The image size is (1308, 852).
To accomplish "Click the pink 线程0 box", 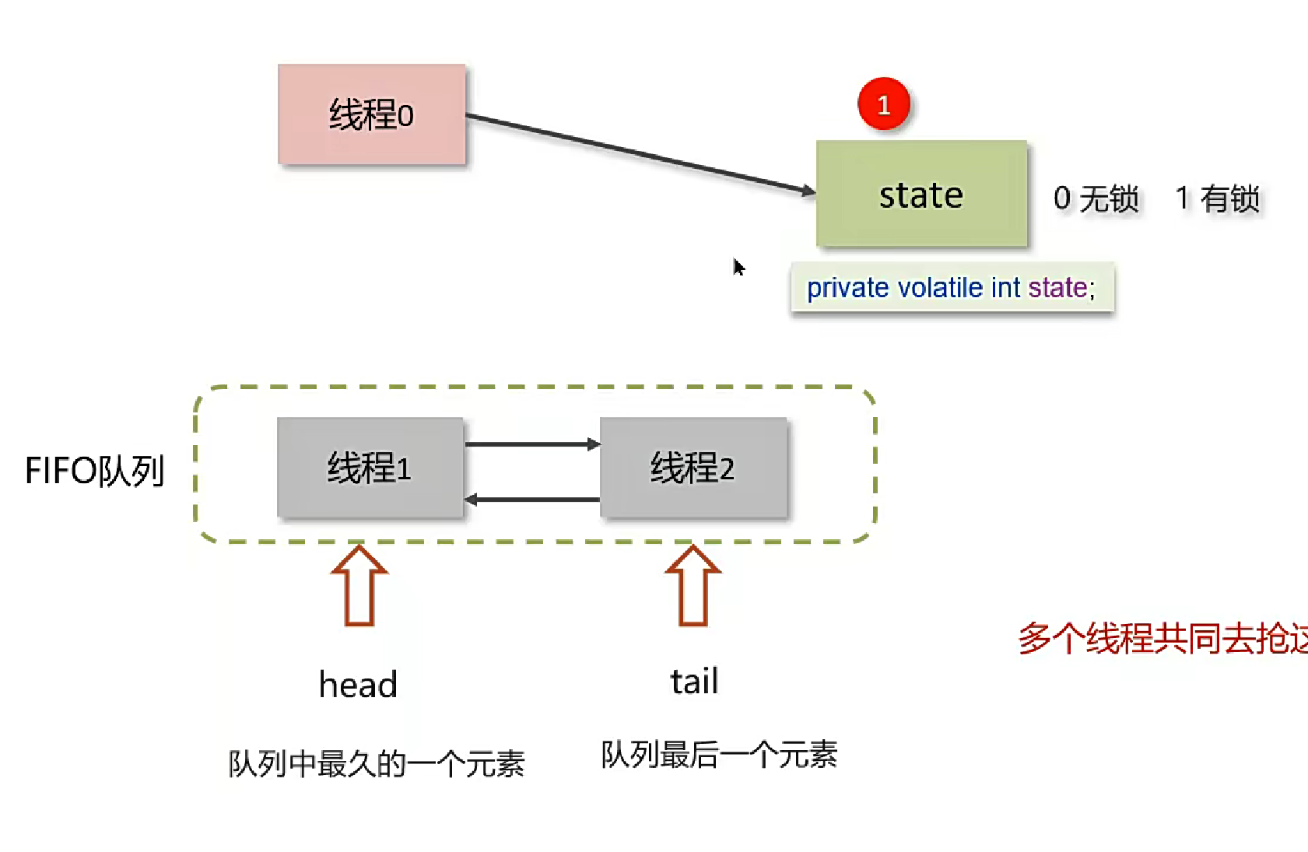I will [x=371, y=114].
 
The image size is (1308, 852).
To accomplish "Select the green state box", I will [x=921, y=194].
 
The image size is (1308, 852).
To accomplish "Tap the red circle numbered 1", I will [x=883, y=104].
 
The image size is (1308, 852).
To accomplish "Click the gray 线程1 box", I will [x=370, y=468].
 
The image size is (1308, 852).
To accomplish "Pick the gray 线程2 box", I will [x=693, y=468].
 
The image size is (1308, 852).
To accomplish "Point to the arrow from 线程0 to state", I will [x=638, y=153].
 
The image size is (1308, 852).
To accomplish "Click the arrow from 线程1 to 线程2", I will [x=532, y=444].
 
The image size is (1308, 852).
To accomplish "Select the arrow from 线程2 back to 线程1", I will [x=532, y=500].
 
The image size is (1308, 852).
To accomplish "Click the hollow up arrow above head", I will [x=359, y=585].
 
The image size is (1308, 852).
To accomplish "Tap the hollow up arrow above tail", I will [x=693, y=585].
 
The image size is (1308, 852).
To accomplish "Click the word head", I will [x=358, y=685].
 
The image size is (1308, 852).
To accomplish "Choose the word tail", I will [x=694, y=682].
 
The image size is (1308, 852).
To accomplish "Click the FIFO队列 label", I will [x=94, y=471].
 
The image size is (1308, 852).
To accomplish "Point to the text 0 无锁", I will [x=1096, y=198].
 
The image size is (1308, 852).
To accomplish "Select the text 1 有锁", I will [x=1217, y=198].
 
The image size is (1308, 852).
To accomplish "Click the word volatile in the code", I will [x=940, y=288].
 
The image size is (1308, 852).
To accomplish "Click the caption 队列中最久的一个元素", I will [x=377, y=763].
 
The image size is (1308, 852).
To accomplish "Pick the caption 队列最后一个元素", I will [x=719, y=755].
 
